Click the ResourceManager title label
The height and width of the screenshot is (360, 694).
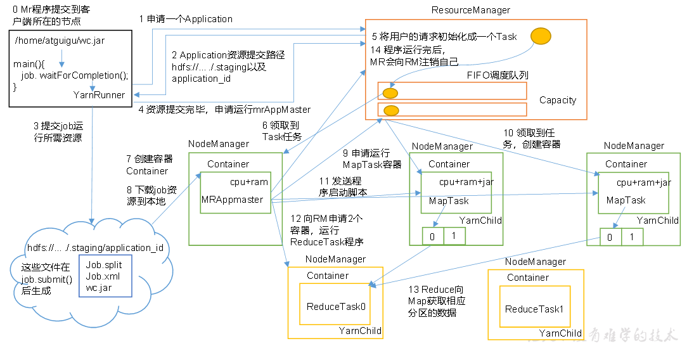tap(470, 10)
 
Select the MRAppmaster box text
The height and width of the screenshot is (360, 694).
tap(232, 200)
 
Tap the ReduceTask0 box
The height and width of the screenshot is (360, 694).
tap(336, 307)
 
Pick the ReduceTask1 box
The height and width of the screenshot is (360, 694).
tap(534, 309)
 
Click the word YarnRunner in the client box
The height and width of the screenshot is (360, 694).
tap(99, 95)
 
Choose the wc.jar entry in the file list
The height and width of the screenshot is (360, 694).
tap(100, 288)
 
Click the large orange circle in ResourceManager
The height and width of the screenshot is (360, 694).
tap(540, 37)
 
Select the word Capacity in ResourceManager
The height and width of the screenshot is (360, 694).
tap(558, 100)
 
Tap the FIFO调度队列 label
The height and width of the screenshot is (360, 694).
tap(501, 75)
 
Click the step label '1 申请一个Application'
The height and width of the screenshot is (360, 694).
tap(186, 19)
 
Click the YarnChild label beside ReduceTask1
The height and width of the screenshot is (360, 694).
tap(560, 333)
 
